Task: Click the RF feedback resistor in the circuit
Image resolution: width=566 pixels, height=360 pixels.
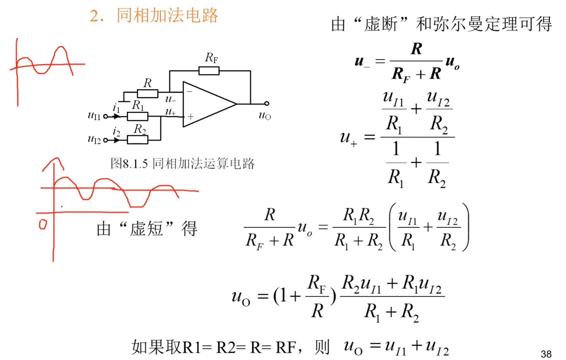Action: (209, 71)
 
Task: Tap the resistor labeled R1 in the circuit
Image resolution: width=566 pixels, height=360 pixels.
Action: (138, 117)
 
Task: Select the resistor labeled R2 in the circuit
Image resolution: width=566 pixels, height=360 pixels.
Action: (138, 140)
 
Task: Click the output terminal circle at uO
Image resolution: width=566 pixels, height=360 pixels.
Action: (267, 103)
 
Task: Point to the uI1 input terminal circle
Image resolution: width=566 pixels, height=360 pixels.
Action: (106, 117)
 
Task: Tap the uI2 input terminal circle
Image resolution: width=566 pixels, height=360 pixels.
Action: (106, 140)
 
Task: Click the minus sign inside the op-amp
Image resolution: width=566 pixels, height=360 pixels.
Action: (190, 91)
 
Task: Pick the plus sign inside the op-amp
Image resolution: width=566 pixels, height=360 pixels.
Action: (190, 117)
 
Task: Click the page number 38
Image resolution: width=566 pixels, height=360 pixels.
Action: (546, 354)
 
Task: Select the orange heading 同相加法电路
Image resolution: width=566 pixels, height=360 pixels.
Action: (167, 15)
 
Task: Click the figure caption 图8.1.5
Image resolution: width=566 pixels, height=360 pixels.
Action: (129, 164)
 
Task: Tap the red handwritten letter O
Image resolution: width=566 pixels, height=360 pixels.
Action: (43, 224)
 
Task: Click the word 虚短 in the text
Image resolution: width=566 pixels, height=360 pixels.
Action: (146, 228)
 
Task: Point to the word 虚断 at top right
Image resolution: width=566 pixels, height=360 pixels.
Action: (381, 24)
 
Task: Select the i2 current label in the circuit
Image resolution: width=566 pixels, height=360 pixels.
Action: (116, 132)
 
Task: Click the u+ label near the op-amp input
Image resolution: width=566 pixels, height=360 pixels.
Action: (170, 112)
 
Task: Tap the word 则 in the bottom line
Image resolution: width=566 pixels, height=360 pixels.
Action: (322, 347)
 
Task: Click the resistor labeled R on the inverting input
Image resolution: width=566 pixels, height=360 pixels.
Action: (147, 93)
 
